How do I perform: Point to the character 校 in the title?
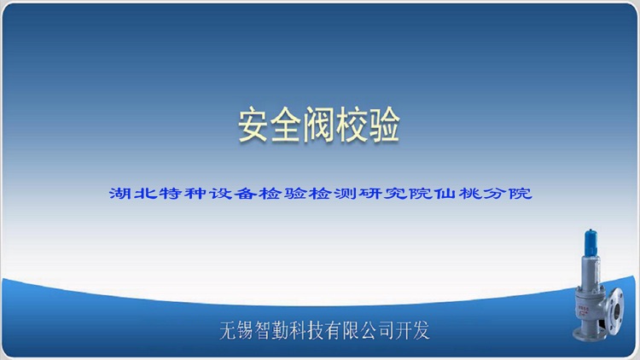tap(351, 127)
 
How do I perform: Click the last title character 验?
tap(383, 127)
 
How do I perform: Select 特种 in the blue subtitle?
tap(177, 194)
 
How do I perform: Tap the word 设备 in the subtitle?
tap(223, 194)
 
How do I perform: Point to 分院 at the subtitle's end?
tap(509, 194)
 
